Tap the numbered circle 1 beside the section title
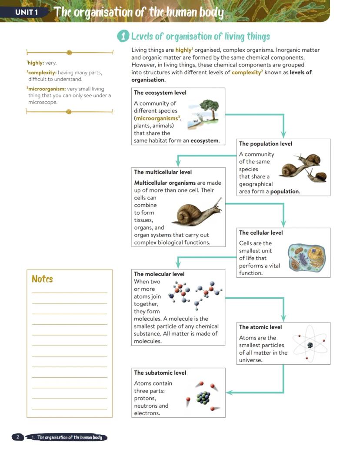(123, 37)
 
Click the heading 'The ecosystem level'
(160, 93)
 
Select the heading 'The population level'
(266, 144)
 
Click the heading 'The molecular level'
(159, 274)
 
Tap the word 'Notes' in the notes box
(42, 279)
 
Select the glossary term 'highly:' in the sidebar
(36, 63)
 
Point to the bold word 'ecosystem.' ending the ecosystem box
(205, 141)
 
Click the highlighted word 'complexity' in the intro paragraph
(246, 73)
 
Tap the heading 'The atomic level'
(260, 327)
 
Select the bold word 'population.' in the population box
(285, 192)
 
